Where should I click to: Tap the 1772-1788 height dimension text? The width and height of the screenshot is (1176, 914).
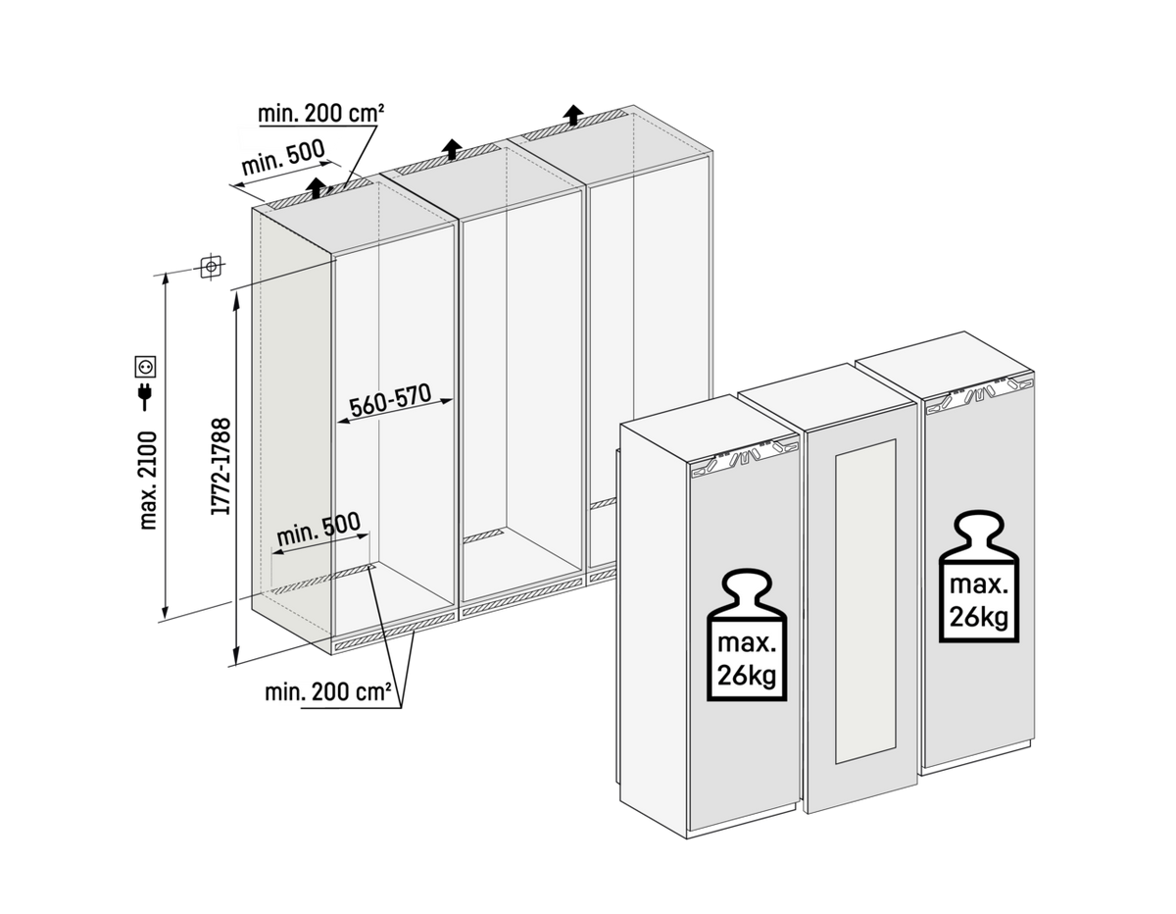(x=220, y=466)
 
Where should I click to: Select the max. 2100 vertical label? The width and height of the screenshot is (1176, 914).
(x=148, y=481)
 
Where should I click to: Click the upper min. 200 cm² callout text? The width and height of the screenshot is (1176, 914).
(x=320, y=113)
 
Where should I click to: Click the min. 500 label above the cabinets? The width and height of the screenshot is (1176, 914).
(x=283, y=158)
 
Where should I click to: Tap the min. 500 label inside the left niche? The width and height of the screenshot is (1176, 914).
(x=318, y=529)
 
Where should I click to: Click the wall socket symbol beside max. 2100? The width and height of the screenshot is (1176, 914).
(x=146, y=366)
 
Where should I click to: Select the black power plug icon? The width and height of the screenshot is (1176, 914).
(x=145, y=396)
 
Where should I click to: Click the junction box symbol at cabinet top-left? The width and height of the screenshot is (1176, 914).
(x=211, y=266)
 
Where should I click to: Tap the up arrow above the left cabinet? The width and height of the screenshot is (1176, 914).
(x=317, y=187)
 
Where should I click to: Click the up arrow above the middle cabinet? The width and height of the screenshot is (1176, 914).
(x=452, y=149)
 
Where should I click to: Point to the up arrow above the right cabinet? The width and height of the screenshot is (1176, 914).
(x=572, y=116)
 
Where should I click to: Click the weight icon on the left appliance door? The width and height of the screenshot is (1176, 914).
(x=747, y=635)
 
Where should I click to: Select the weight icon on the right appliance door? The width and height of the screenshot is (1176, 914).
(x=978, y=576)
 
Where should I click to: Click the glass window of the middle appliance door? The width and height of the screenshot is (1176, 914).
(x=865, y=601)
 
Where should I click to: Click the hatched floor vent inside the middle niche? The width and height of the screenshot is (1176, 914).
(x=484, y=536)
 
